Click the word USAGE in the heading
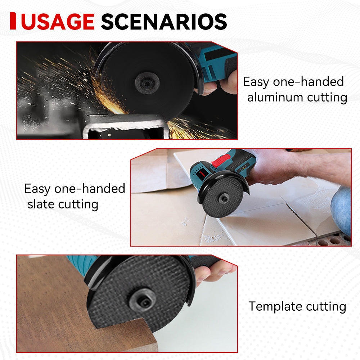point(58,22)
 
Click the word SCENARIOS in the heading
point(164,22)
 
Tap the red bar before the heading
point(13,21)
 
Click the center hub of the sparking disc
point(147,84)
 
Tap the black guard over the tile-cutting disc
point(216,180)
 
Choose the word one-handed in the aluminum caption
point(308,82)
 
